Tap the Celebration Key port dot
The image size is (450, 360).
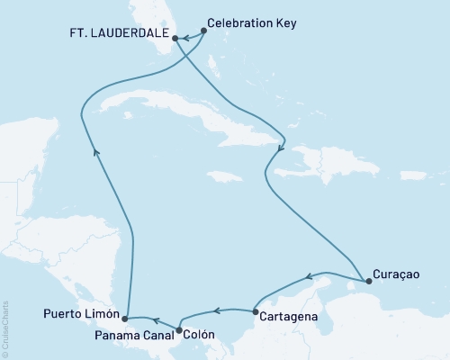(204, 30)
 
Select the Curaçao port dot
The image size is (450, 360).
(369, 282)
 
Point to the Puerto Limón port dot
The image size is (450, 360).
(125, 319)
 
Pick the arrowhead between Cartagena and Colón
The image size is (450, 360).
(216, 313)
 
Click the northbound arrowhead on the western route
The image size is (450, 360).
(96, 155)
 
